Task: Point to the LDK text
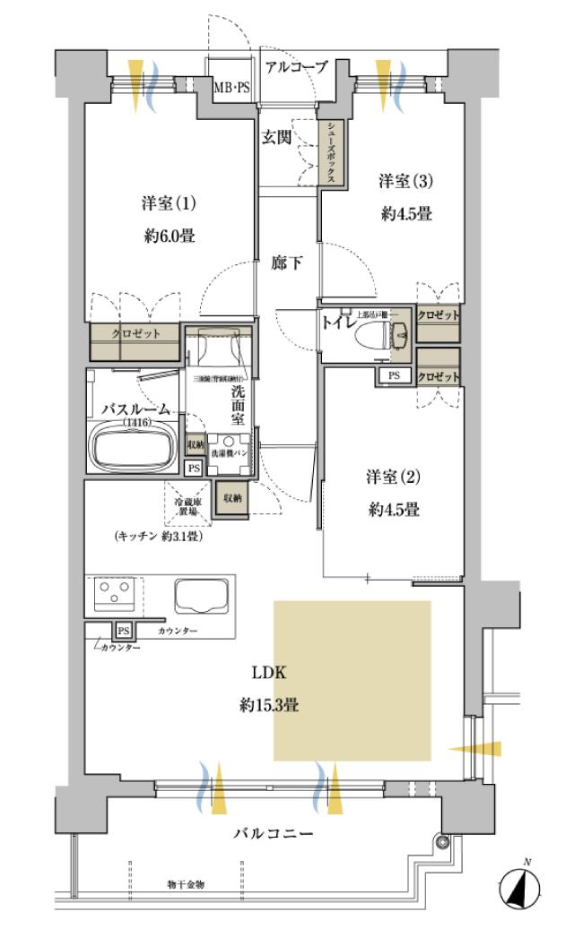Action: pos(268,672)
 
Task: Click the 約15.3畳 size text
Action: pos(268,705)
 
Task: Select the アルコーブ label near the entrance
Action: pos(296,66)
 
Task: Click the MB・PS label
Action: pos(231,88)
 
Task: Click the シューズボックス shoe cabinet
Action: pos(331,153)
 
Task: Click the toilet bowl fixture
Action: pos(378,335)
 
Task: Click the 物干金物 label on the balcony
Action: pos(186,884)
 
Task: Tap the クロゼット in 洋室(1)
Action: pos(135,333)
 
